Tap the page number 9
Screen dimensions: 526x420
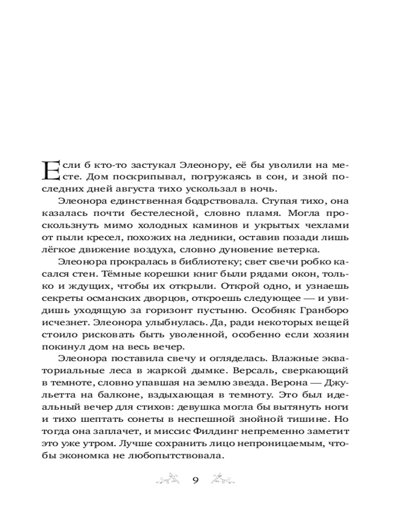(x=195, y=480)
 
